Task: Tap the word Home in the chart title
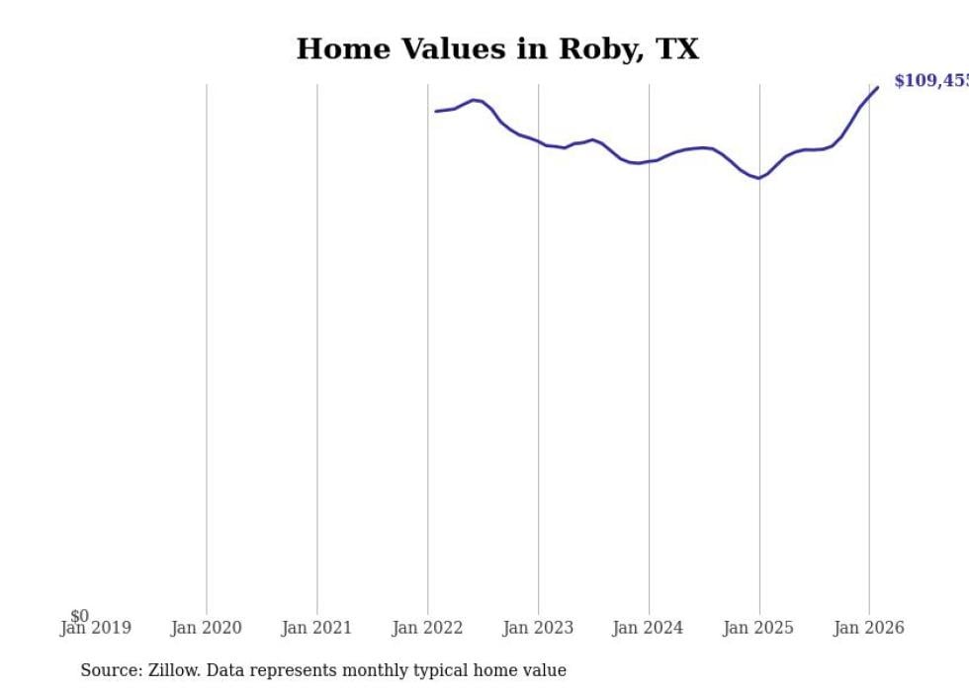335,49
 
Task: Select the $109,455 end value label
930,81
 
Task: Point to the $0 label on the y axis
79,617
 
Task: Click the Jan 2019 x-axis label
95,628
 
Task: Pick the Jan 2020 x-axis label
206,628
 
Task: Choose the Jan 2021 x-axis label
316,628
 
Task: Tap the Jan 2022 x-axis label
427,628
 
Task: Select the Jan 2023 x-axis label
538,628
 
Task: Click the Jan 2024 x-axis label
648,628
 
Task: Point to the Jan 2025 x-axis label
758,628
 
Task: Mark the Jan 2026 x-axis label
868,628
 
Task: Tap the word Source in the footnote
111,670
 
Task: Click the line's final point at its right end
877,88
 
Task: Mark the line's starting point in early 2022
436,111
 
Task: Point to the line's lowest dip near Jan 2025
757,178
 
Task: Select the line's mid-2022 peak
474,100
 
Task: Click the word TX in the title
677,49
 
